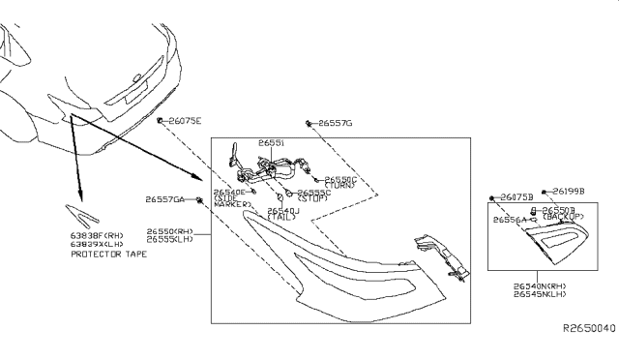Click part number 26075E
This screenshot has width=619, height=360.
point(185,121)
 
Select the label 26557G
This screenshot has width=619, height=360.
point(335,124)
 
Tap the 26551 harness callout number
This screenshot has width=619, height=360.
point(270,142)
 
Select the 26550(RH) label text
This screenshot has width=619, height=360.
point(170,231)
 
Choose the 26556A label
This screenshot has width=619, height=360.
point(509,221)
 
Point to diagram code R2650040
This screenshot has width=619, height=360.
point(588,329)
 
